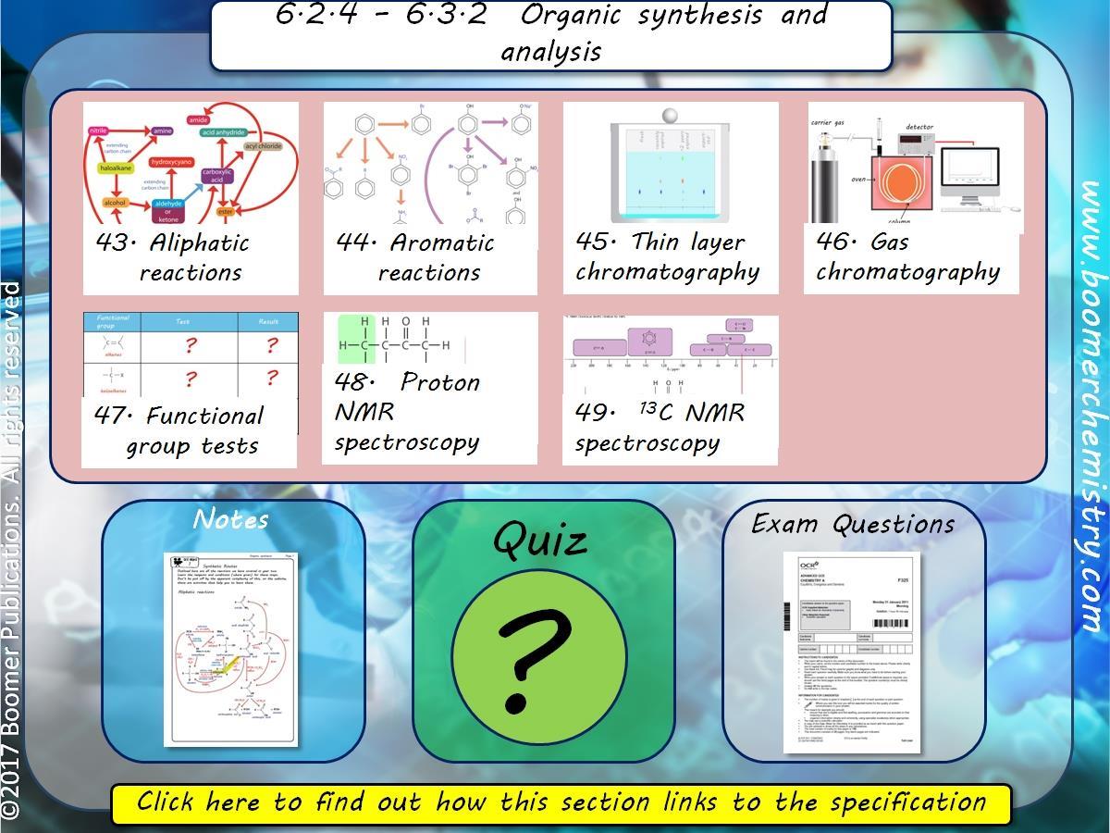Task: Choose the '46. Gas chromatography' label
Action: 907,256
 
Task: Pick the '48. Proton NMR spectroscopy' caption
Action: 407,412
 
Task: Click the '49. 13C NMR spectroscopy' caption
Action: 659,427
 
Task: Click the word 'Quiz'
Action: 540,540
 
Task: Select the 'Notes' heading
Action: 231,520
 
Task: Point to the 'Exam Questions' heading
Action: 853,524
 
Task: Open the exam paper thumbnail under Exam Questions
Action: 852,652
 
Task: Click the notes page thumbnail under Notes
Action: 231,650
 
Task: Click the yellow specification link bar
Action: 561,802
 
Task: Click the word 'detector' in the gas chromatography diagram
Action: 919,127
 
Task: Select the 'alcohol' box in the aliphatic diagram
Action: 115,203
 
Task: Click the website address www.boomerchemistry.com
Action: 1092,407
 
